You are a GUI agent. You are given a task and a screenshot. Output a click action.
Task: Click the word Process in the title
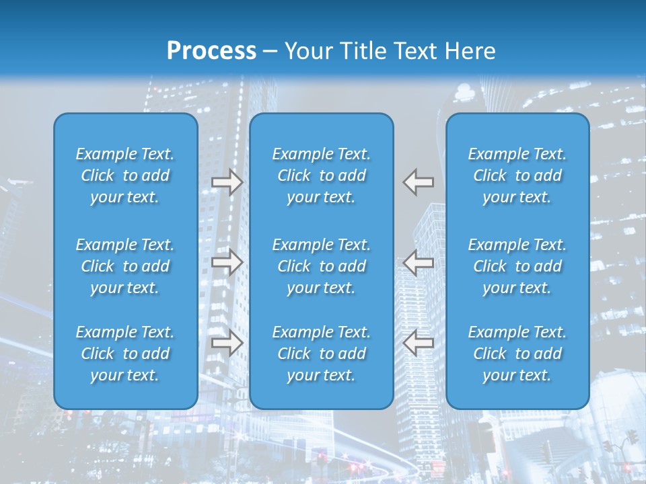[x=211, y=50]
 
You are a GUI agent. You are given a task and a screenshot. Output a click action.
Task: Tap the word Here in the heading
[x=469, y=50]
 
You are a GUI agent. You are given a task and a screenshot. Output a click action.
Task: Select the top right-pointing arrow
[x=227, y=182]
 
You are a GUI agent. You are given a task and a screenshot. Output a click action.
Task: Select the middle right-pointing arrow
[x=227, y=262]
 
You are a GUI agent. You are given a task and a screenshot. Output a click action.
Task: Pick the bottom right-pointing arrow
[x=227, y=343]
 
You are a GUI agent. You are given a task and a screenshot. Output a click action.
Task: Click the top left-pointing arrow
[x=418, y=182]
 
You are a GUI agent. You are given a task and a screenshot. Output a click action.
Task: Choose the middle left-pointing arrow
[x=418, y=262]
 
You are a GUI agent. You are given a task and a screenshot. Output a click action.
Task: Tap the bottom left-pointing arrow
[x=418, y=343]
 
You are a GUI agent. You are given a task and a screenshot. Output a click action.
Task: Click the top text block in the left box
[x=125, y=175]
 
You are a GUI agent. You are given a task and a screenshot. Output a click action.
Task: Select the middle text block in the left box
[x=125, y=266]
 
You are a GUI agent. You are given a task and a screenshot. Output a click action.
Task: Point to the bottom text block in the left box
[x=125, y=354]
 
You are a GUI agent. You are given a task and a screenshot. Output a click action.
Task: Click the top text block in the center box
[x=322, y=175]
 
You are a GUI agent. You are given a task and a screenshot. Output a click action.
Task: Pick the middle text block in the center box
[x=322, y=266]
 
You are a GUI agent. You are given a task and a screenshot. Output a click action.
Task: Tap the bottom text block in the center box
[x=322, y=354]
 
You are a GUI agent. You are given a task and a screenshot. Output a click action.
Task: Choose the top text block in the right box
[x=517, y=175]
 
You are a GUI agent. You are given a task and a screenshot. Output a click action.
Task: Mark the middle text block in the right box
[x=517, y=266]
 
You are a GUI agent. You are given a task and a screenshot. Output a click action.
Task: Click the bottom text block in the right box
[x=517, y=354]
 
